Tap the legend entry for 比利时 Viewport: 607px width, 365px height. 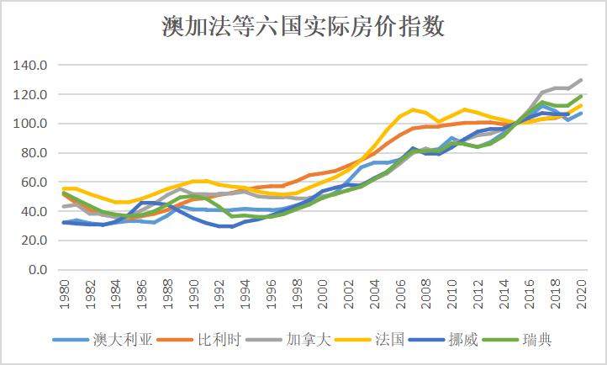coord(201,340)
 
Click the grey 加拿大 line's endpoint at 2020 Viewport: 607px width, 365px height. coord(582,80)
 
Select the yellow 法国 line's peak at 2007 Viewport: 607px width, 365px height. coord(414,109)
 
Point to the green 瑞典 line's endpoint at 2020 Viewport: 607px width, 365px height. coord(582,96)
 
